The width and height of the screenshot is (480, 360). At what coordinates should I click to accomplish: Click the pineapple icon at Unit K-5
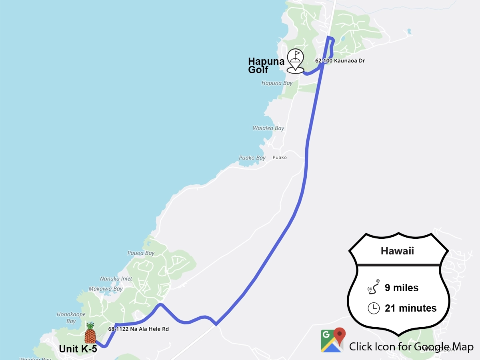pyautogui.click(x=90, y=334)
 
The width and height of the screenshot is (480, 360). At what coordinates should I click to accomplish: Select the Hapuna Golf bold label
pyautogui.click(x=266, y=66)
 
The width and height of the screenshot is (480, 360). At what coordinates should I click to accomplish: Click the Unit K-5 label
pyautogui.click(x=78, y=349)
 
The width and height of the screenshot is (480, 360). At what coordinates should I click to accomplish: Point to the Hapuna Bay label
pyautogui.click(x=277, y=83)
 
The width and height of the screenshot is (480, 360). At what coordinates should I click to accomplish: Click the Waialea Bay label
pyautogui.click(x=268, y=128)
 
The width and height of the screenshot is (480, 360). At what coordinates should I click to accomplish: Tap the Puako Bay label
pyautogui.click(x=252, y=158)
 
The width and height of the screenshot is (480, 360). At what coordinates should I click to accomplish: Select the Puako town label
pyautogui.click(x=280, y=158)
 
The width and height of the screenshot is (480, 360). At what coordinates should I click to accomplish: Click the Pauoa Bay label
pyautogui.click(x=141, y=253)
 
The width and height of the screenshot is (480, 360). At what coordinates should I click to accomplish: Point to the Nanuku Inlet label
pyautogui.click(x=116, y=279)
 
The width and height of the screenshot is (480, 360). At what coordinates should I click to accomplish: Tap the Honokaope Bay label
pyautogui.click(x=71, y=318)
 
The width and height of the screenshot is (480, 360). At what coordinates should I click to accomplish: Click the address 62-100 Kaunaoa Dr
pyautogui.click(x=340, y=61)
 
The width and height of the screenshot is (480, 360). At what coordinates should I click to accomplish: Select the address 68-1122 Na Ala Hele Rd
pyautogui.click(x=138, y=329)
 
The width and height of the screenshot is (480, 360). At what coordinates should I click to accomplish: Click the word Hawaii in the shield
pyautogui.click(x=397, y=251)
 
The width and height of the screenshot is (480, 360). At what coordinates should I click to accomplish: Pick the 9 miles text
pyautogui.click(x=401, y=288)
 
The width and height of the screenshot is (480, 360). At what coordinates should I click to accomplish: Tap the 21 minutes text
pyautogui.click(x=410, y=308)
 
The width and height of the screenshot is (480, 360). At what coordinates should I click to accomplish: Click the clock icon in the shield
pyautogui.click(x=373, y=308)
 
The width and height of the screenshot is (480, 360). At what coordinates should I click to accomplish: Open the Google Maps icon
pyautogui.click(x=332, y=340)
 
